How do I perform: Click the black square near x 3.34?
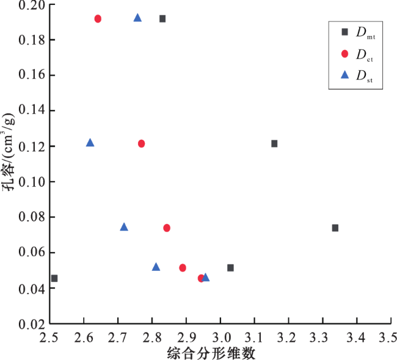(335, 228)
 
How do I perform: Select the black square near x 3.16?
(274, 143)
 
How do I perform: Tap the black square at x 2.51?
(54, 278)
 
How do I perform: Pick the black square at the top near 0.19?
(162, 19)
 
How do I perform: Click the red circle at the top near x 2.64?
(98, 19)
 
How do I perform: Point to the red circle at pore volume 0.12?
(141, 143)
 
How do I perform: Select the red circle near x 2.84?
(167, 228)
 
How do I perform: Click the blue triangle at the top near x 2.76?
(137, 18)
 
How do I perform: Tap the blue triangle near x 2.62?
(90, 143)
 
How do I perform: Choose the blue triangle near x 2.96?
(205, 278)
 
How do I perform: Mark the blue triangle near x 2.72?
(124, 227)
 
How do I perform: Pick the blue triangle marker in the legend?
(344, 75)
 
